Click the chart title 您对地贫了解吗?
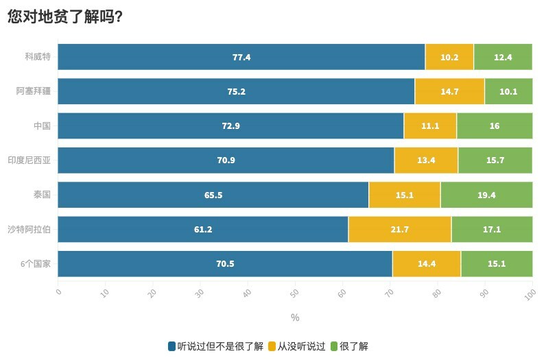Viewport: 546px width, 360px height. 65,17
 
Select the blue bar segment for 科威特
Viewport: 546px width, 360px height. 241,57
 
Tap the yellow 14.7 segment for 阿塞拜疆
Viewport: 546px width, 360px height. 449,91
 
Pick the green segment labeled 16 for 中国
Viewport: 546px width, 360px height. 495,126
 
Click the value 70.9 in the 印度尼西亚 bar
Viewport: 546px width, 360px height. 226,160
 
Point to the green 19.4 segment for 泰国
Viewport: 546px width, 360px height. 486,195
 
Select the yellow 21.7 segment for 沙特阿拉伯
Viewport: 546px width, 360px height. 400,229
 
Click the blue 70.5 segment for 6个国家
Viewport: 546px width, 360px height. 225,263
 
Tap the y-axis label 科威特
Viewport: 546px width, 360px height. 38,57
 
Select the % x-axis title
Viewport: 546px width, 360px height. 295,317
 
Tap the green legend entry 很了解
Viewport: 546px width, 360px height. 354,346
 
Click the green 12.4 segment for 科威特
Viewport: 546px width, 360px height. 503,57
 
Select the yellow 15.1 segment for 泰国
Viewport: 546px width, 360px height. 405,195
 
